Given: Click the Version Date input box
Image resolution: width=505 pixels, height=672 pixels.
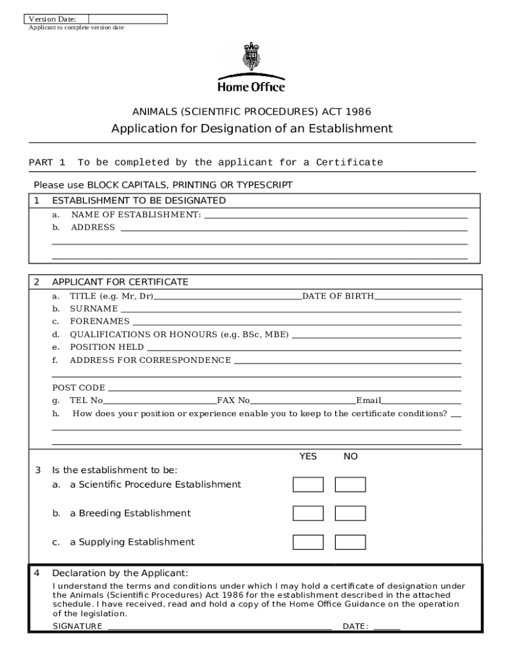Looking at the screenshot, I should (127, 19).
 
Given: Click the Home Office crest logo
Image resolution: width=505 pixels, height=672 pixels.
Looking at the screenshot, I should (251, 58).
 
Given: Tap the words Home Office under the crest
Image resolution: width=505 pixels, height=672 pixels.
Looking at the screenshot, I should (251, 87).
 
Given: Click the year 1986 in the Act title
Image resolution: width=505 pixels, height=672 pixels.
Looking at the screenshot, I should (358, 112).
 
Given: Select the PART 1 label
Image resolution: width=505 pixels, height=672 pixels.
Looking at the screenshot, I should (47, 162).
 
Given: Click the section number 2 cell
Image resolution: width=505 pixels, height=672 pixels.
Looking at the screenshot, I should (37, 282).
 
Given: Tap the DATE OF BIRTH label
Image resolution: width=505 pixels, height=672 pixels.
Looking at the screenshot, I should (338, 296).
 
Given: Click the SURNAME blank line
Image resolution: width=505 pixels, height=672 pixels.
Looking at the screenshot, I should (291, 308).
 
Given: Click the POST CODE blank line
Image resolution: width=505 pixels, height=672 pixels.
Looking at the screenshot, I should (283, 388).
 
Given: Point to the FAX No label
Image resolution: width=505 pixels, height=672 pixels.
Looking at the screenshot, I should (233, 400).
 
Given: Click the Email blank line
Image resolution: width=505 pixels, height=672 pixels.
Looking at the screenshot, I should (422, 400).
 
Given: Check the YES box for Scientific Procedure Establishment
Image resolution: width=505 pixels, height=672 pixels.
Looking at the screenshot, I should (308, 485).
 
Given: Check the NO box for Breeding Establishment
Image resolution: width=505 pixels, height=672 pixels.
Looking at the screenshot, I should (350, 513).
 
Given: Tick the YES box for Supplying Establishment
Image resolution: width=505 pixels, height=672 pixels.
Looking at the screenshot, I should (308, 542).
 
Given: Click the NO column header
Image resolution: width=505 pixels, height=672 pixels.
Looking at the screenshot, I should (350, 456).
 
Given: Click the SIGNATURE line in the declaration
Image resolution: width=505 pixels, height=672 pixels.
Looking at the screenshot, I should (220, 626).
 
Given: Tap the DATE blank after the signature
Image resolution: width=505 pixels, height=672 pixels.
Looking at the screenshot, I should (387, 626).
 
